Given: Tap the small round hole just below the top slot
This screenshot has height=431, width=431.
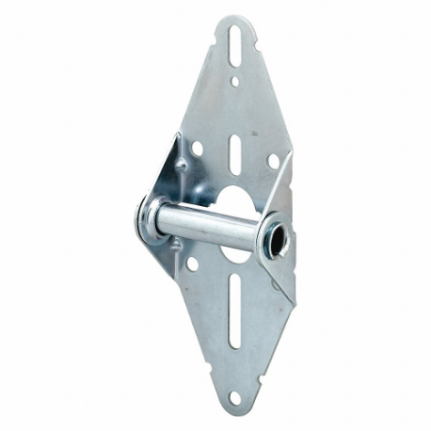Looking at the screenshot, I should pos(234,83).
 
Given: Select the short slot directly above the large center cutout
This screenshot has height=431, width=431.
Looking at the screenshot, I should pos(233,151).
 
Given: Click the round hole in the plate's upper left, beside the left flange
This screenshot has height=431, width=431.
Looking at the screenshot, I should pos(199,148).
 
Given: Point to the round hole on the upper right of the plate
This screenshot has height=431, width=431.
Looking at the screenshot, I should pos(272,161).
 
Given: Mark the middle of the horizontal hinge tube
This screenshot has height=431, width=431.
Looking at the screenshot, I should pos(212,229).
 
